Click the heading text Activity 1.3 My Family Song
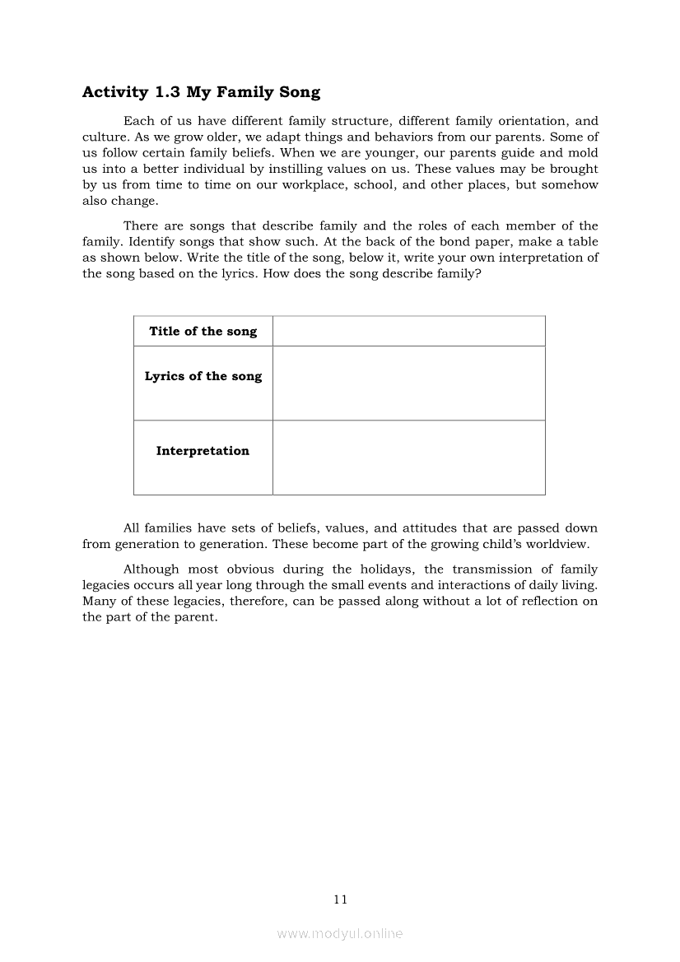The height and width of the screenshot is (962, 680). [x=201, y=92]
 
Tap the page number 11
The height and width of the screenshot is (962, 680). [x=341, y=899]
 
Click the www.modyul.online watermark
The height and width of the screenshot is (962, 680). [x=340, y=933]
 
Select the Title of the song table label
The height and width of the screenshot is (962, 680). [x=203, y=331]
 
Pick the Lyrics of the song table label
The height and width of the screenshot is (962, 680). [x=203, y=376]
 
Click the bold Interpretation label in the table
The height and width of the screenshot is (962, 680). [x=203, y=451]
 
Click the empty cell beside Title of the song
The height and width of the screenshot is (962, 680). [x=408, y=331]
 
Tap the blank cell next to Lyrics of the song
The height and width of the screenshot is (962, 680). [x=408, y=383]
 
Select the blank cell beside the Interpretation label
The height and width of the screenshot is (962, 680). [x=408, y=458]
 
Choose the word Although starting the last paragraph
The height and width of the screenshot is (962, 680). [x=151, y=569]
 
